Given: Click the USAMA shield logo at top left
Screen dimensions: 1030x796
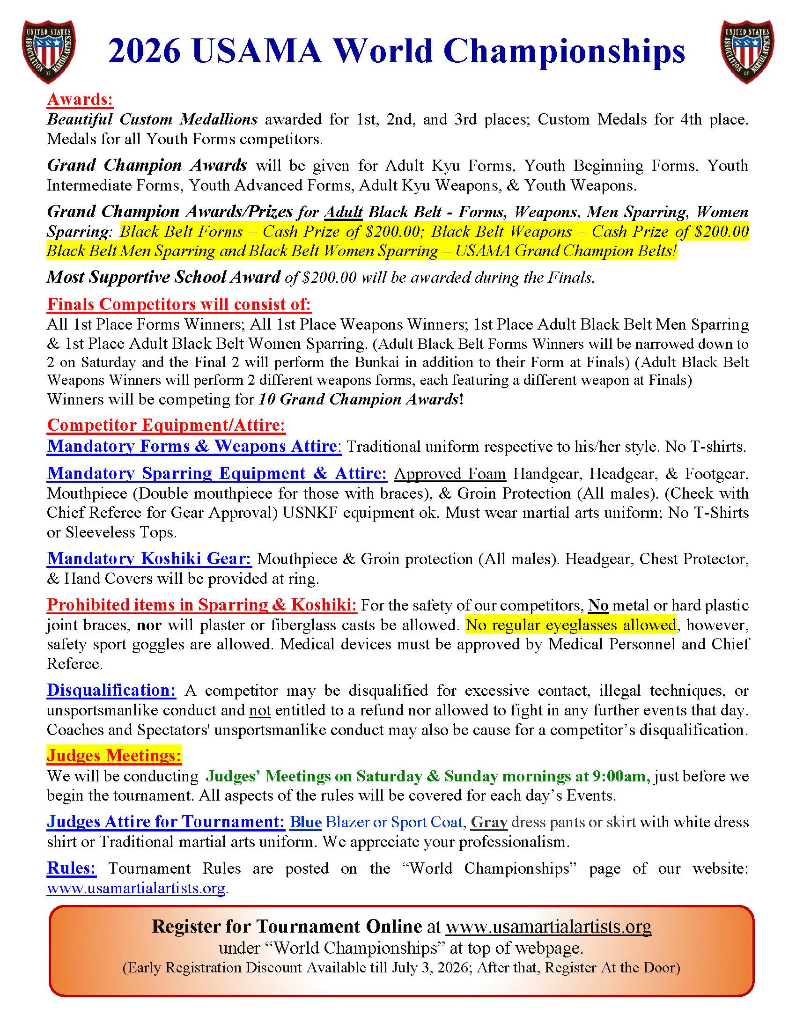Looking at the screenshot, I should coord(49,51).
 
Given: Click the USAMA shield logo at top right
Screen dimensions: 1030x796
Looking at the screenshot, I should coord(747,51).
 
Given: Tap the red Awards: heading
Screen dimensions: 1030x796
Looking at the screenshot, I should coord(80,99).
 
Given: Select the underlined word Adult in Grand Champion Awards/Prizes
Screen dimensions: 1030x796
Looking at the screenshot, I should coord(343,212).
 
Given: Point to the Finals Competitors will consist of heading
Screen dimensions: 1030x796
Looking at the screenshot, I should coord(179,304).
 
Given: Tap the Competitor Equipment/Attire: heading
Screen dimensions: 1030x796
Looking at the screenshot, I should coord(166,425).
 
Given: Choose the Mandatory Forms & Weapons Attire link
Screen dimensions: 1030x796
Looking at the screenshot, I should coord(194,446).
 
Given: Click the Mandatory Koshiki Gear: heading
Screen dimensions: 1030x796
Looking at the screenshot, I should coord(149,559).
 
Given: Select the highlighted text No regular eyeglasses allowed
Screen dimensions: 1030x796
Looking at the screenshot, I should coord(571,625).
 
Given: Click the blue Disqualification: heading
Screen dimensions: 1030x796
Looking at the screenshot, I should coord(111,690).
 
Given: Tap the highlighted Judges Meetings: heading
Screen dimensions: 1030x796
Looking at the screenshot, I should coord(114,755).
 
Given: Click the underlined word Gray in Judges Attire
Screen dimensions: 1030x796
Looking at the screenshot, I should coord(489,822).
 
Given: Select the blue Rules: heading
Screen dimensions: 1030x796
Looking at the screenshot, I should coord(71,868).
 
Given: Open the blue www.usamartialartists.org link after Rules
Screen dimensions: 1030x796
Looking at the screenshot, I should coord(136,888).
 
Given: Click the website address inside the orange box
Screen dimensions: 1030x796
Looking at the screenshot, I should coord(548,926).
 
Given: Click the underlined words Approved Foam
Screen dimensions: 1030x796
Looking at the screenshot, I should coord(450,473).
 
